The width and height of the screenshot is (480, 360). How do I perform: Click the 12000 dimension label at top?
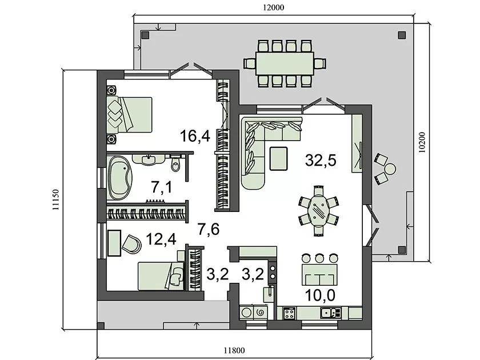273,7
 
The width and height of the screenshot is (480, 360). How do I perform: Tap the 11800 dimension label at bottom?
234,350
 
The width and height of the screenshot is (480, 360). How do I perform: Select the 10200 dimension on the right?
422,142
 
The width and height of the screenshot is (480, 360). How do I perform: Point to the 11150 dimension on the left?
55,199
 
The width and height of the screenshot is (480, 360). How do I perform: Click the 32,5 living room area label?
321,160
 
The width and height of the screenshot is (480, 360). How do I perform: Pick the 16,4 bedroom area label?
195,136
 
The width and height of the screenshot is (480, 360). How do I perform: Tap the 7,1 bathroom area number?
162,187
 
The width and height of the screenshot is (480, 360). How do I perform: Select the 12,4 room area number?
161,239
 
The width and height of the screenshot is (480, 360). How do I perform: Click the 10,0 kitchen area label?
320,295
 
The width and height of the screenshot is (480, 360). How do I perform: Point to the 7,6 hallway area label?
209,229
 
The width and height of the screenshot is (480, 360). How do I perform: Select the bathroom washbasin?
149,159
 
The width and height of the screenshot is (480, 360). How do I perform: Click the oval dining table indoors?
319,210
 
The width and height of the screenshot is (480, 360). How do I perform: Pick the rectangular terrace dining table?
285,63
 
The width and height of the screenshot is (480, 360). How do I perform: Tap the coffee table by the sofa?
278,159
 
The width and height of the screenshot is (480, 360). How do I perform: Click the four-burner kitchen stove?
289,313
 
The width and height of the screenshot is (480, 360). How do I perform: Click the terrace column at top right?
402,35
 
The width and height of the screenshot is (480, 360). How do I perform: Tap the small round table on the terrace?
390,169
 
